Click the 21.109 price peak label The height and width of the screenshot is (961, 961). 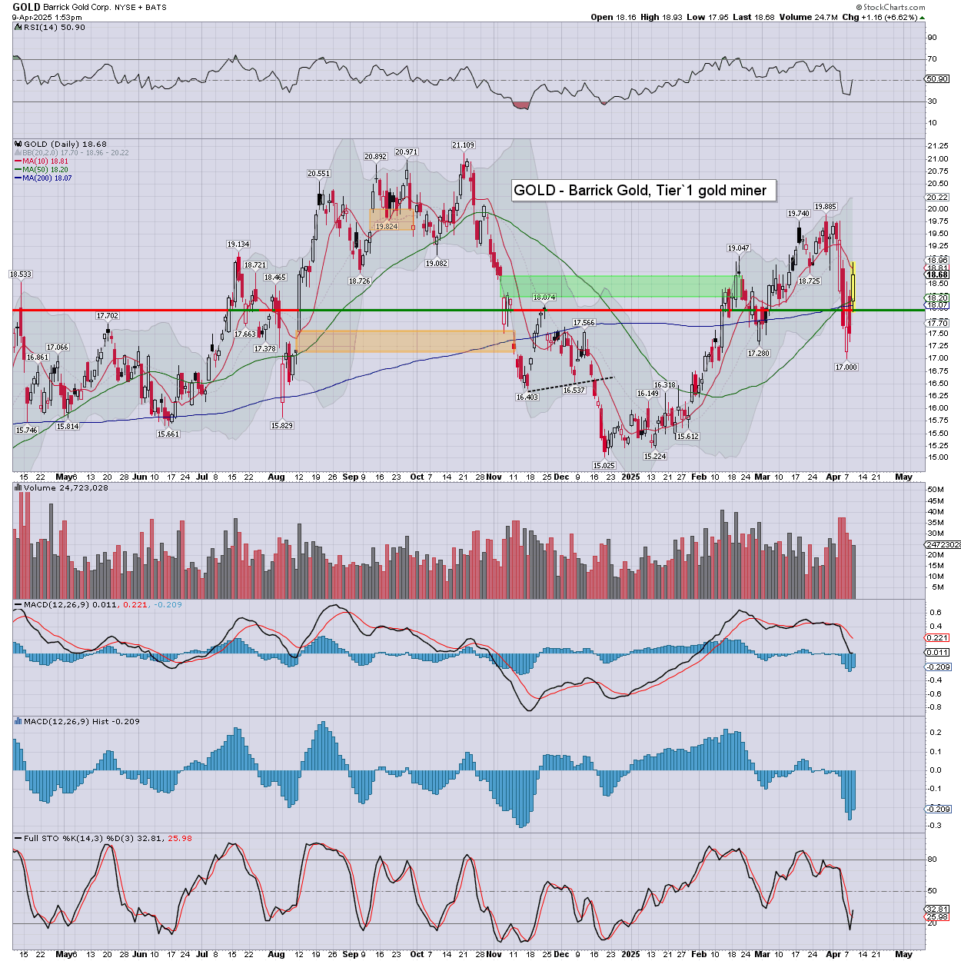click(463, 145)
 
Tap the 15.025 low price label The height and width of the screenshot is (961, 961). click(604, 466)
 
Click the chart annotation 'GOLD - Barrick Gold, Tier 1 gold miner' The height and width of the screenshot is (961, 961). click(640, 191)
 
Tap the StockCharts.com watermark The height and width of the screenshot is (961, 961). click(892, 7)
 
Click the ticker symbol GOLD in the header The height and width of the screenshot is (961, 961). click(26, 7)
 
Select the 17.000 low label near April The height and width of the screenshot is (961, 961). click(846, 367)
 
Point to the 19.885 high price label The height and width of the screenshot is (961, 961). click(825, 207)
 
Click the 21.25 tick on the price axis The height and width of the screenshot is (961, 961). click(937, 146)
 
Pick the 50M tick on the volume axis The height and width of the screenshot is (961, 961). click(936, 490)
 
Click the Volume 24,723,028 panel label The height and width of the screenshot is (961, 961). click(65, 488)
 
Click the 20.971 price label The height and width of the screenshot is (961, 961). click(406, 152)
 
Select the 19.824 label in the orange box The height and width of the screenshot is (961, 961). click(386, 227)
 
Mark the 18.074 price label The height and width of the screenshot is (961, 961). click(544, 298)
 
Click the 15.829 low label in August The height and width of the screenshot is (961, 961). click(281, 426)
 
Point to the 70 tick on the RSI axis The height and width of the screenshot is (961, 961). click(932, 59)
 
